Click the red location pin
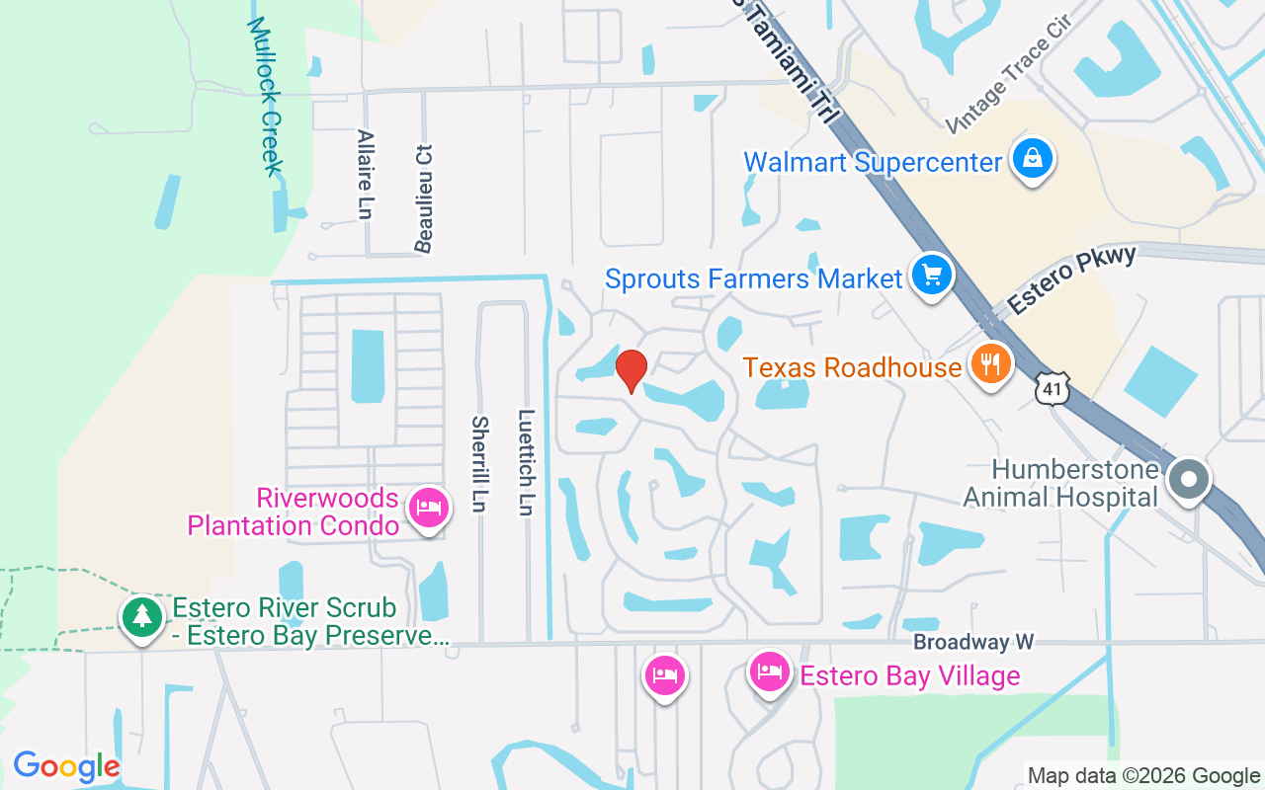631,370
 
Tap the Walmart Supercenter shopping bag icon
1033,159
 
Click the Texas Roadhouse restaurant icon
990,364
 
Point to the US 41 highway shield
1054,388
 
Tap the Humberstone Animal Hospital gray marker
1189,481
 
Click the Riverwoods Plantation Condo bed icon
427,509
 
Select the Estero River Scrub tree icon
142,617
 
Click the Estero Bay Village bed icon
769,673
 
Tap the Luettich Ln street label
526,462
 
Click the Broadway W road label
972,642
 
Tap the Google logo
66,766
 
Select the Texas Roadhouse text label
852,368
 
